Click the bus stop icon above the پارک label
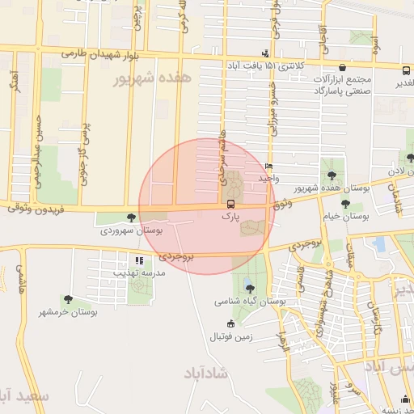[x=230, y=204]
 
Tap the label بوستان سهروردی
[x=132, y=230]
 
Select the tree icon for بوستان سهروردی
[x=132, y=218]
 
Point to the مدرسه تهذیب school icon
[x=139, y=260]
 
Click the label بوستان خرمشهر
[x=67, y=311]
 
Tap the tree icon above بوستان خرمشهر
[x=67, y=299]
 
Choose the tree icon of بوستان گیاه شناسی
[x=249, y=287]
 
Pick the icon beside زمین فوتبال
[x=231, y=323]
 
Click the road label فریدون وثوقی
[x=29, y=208]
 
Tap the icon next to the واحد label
[x=268, y=167]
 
